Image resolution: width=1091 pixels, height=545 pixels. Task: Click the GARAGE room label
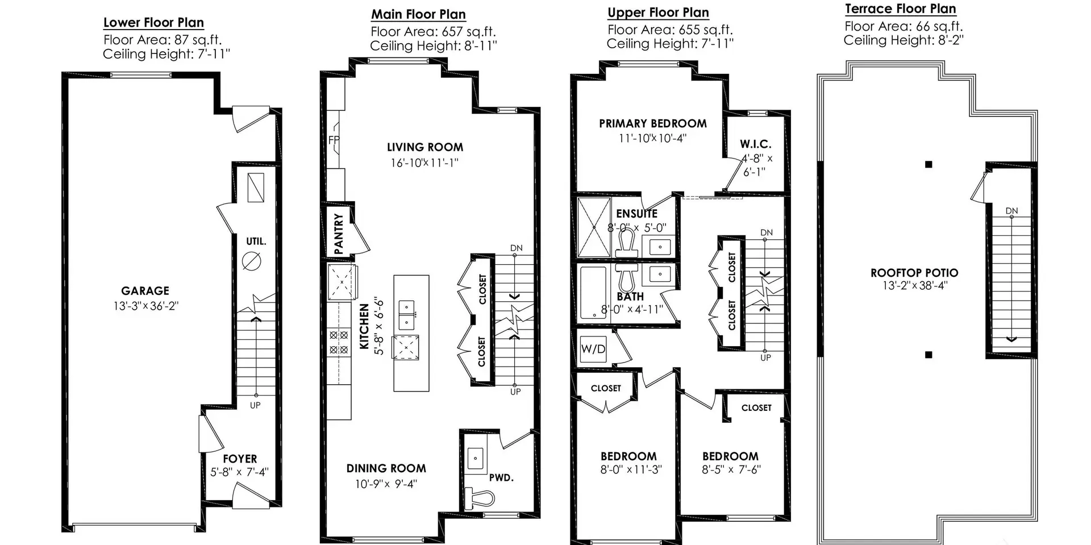pyautogui.click(x=145, y=291)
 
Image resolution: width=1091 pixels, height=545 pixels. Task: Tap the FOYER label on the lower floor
pyautogui.click(x=240, y=459)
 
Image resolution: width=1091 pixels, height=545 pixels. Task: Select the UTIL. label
pyautogui.click(x=256, y=241)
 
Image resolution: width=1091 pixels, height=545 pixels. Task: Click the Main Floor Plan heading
pyautogui.click(x=419, y=14)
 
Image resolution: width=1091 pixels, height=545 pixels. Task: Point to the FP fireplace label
pyautogui.click(x=334, y=140)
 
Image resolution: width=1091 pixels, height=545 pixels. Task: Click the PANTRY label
pyautogui.click(x=339, y=233)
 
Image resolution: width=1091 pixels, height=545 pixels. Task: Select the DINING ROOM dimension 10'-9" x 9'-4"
pyautogui.click(x=386, y=484)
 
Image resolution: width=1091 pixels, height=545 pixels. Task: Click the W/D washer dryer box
pyautogui.click(x=593, y=349)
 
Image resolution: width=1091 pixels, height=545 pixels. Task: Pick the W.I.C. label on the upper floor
pyautogui.click(x=756, y=144)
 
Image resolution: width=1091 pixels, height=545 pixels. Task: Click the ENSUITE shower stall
pyautogui.click(x=594, y=227)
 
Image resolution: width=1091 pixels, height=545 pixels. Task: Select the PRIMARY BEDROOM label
pyautogui.click(x=653, y=123)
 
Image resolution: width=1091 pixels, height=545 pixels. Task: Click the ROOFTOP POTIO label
pyautogui.click(x=914, y=273)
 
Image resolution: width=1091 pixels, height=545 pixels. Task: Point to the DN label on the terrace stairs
pyautogui.click(x=1011, y=211)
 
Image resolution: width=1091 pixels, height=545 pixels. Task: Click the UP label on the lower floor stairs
pyautogui.click(x=255, y=405)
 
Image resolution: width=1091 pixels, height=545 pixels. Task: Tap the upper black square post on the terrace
pyautogui.click(x=928, y=165)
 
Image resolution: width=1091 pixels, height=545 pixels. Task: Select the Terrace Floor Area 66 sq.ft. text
pyautogui.click(x=903, y=26)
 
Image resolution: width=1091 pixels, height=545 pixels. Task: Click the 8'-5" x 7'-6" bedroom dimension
pyautogui.click(x=731, y=470)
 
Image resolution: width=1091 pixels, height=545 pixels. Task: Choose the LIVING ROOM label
pyautogui.click(x=425, y=147)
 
